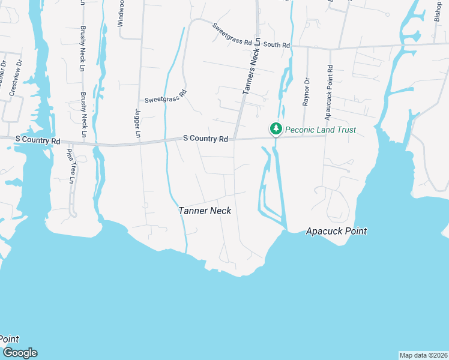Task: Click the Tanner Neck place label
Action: pos(205,211)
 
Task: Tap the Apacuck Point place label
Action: pos(336,231)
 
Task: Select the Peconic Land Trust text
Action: pos(321,130)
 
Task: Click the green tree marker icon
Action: pos(276,128)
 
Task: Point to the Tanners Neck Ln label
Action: pos(253,66)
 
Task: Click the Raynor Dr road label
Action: pos(306,92)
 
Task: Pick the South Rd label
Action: pos(277,45)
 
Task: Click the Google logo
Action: pos(19,353)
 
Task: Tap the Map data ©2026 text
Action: pos(423,355)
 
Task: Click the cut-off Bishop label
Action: pos(438,11)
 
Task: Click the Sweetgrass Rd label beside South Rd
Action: pos(235,34)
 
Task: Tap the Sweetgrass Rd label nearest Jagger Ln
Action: pos(166,97)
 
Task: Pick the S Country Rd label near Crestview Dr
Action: pos(38,141)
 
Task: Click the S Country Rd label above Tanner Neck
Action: pos(205,139)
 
